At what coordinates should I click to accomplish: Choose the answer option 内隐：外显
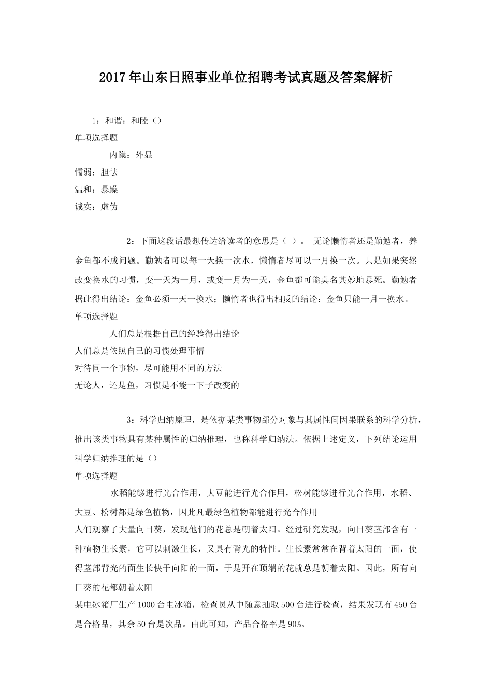point(131,155)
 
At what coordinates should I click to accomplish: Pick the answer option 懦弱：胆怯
point(96,172)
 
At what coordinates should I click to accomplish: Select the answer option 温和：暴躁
point(96,189)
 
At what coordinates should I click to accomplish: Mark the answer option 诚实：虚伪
point(96,206)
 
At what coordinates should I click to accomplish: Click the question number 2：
point(131,241)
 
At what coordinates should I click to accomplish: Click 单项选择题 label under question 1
point(96,138)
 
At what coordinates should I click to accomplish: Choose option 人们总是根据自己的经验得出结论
point(175,334)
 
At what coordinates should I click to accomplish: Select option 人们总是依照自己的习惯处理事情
point(140,351)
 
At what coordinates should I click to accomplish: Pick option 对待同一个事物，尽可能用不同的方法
point(149,368)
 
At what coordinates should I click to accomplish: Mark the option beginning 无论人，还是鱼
point(157,385)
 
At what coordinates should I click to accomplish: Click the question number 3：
point(131,419)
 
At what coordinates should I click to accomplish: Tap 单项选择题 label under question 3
point(96,475)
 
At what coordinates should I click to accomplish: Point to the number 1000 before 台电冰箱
point(147,604)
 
